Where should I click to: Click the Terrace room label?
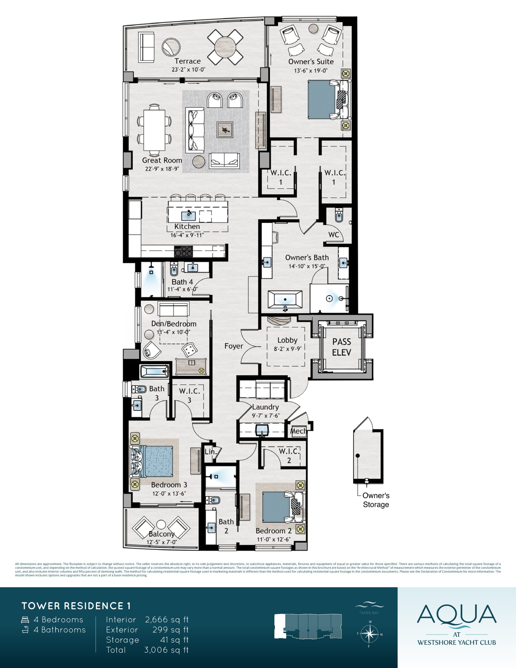click(188, 61)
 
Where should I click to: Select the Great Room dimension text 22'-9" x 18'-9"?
click(162, 169)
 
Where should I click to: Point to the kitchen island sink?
click(188, 215)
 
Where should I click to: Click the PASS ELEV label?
click(342, 347)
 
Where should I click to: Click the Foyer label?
click(234, 346)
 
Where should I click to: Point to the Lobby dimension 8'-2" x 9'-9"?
click(287, 348)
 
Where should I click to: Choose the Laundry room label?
click(266, 407)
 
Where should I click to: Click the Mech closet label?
click(298, 431)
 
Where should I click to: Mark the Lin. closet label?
click(211, 451)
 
